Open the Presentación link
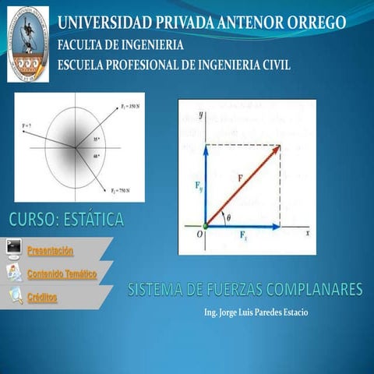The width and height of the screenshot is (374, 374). click(51, 251)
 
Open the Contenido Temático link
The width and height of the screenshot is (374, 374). click(62, 274)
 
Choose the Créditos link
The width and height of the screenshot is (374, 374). click(43, 298)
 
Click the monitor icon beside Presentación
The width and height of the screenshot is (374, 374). click(13, 249)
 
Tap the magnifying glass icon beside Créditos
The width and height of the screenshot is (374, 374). click(15, 295)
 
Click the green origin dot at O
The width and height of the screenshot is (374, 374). click(206, 227)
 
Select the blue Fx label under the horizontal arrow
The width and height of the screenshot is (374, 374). click(244, 235)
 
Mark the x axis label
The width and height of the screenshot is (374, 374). click(307, 233)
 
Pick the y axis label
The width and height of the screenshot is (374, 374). click(201, 114)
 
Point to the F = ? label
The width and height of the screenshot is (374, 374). click(27, 125)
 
